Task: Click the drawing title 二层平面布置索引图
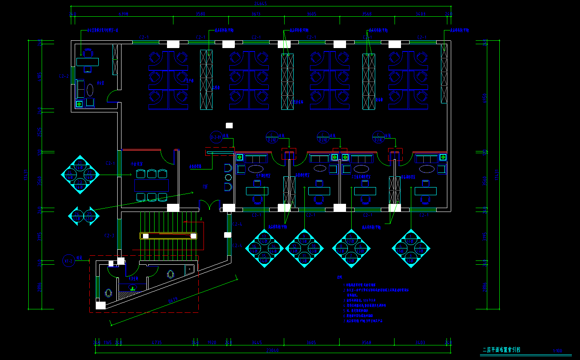501,350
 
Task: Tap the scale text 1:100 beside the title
557,351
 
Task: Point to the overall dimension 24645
261,4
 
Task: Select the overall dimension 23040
273,350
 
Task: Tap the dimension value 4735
157,342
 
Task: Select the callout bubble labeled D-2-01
216,137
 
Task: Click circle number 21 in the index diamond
80,163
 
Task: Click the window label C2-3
109,236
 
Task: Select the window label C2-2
64,77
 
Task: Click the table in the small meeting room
151,185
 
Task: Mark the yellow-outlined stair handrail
168,236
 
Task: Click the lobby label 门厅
206,187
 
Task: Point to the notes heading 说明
339,277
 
